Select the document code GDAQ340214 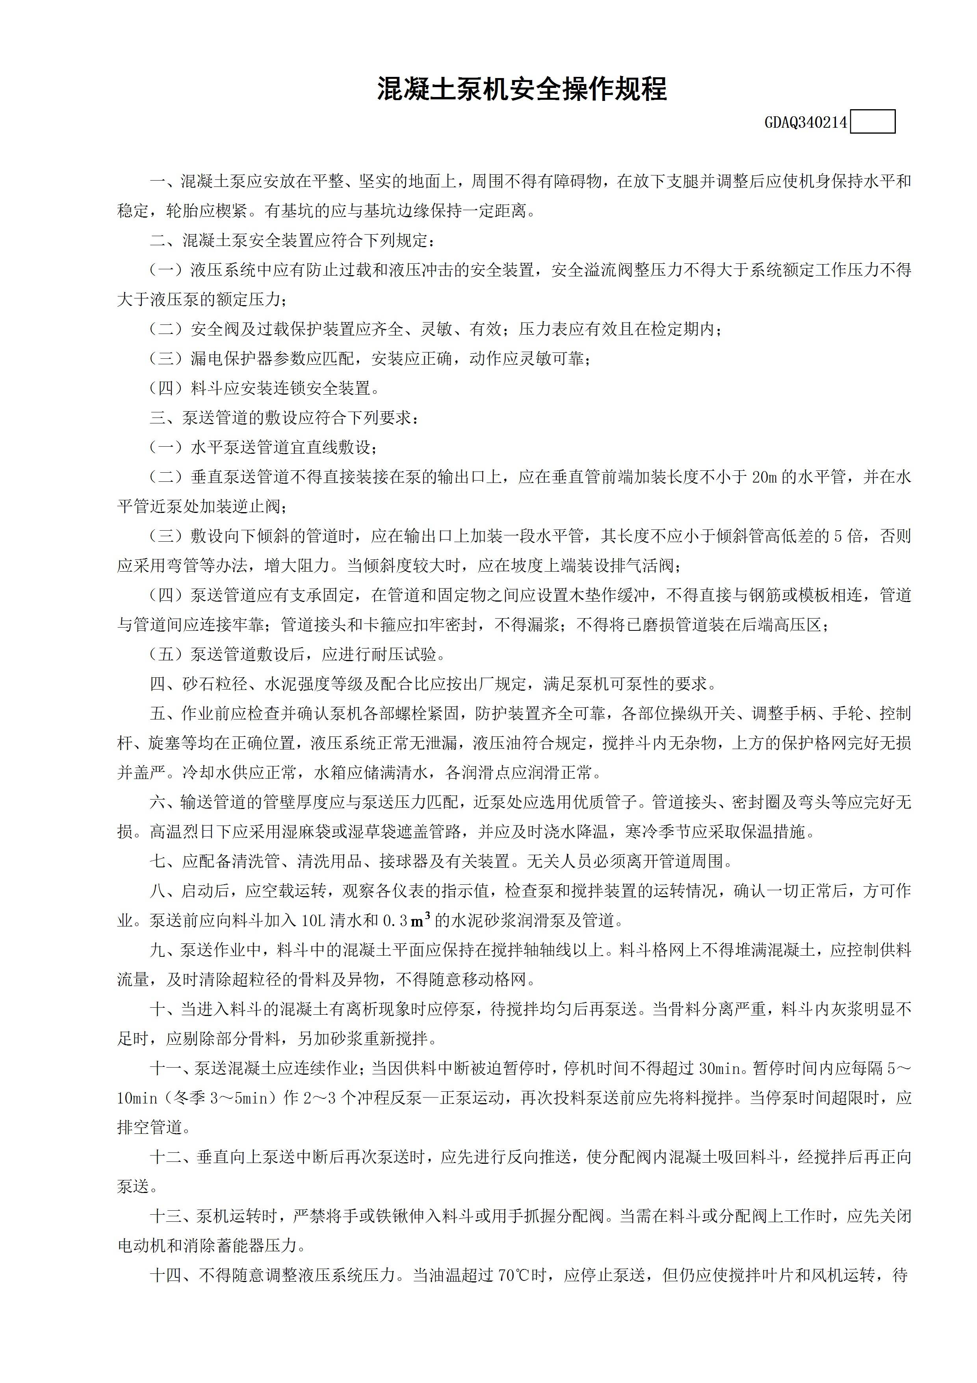pos(806,123)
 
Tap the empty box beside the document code pos(873,122)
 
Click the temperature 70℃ pos(513,1275)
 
